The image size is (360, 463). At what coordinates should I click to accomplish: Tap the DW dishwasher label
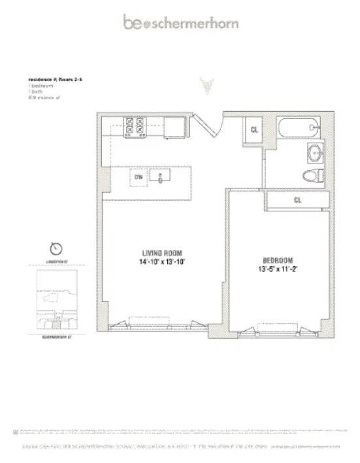pyautogui.click(x=139, y=177)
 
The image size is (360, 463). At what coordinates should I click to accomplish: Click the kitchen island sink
pyautogui.click(x=159, y=177)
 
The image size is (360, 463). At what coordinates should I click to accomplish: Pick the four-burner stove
pyautogui.click(x=135, y=126)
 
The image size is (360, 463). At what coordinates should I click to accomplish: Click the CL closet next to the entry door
pyautogui.click(x=254, y=129)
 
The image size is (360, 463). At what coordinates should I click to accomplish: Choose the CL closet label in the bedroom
pyautogui.click(x=297, y=200)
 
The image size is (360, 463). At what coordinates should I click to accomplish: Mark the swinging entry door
pyautogui.click(x=212, y=124)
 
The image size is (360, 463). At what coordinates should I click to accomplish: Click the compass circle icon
pyautogui.click(x=56, y=249)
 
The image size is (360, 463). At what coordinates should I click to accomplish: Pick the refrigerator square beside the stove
pyautogui.click(x=175, y=126)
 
